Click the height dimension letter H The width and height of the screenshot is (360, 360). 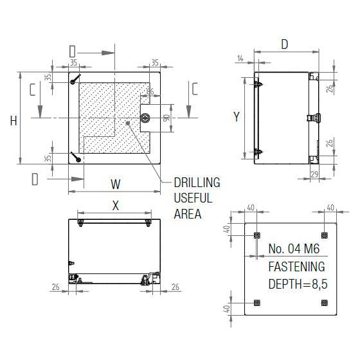pos(12,120)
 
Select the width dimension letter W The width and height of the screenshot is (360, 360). pos(115,184)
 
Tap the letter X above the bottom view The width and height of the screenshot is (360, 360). pos(115,206)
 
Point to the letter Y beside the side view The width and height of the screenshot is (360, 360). pos(236,116)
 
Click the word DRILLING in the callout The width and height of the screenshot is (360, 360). pos(197,183)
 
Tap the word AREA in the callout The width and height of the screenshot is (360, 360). pos(187,214)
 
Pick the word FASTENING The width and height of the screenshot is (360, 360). pos(296,267)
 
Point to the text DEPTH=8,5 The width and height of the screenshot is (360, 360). pos(298,283)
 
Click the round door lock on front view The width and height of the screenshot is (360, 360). pos(145,118)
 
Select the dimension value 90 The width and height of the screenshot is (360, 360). pos(166,118)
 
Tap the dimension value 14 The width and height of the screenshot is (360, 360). pos(240,59)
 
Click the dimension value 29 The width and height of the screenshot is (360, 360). pos(315,174)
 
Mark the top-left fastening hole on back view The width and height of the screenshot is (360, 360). pos(257,234)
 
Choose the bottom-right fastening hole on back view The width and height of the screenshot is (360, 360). pos(325,303)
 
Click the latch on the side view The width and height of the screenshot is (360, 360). pos(315,118)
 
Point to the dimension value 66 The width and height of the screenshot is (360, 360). pos(150,92)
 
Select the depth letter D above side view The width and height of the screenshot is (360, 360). pos(283,44)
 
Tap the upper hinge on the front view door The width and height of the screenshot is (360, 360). pos(75,81)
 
